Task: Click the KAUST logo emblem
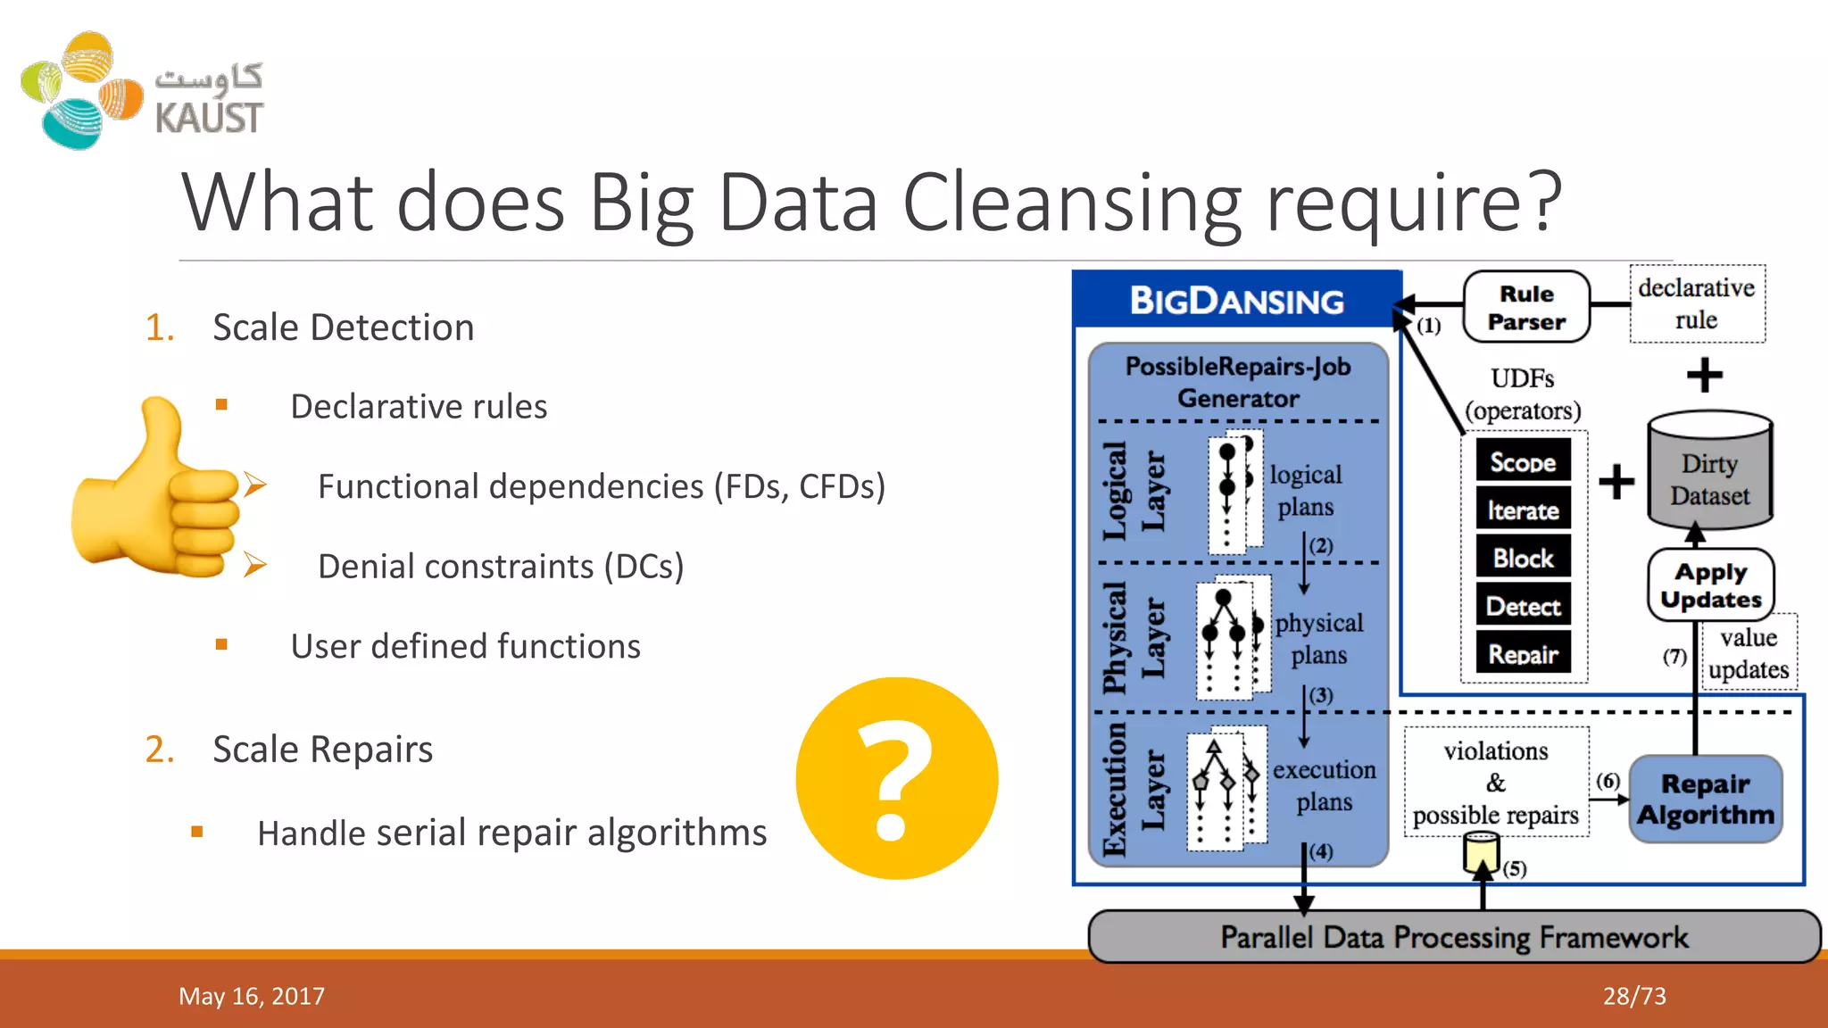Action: (x=82, y=90)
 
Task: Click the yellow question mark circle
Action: (x=896, y=778)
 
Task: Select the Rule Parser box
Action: (x=1526, y=307)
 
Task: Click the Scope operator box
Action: (x=1523, y=461)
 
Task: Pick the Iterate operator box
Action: (x=1523, y=510)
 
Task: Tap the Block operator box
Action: (x=1523, y=558)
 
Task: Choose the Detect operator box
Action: (x=1523, y=606)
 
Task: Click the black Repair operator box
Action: (x=1523, y=654)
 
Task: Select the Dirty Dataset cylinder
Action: (x=1709, y=473)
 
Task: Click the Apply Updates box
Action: (x=1710, y=585)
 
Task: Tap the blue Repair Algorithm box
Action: (x=1706, y=799)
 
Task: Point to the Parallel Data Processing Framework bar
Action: (x=1454, y=937)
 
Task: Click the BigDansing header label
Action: (x=1237, y=301)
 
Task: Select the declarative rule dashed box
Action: (x=1697, y=303)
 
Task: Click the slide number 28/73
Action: (x=1634, y=996)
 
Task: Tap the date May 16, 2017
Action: (x=252, y=996)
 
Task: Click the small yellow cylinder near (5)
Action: (x=1481, y=852)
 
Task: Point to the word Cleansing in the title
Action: (x=1072, y=203)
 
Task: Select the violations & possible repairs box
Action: (x=1496, y=783)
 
